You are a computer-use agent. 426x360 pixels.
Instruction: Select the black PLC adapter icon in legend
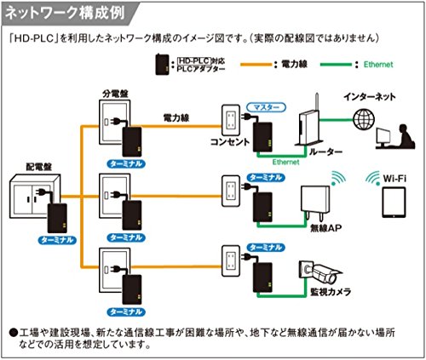pos(160,64)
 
